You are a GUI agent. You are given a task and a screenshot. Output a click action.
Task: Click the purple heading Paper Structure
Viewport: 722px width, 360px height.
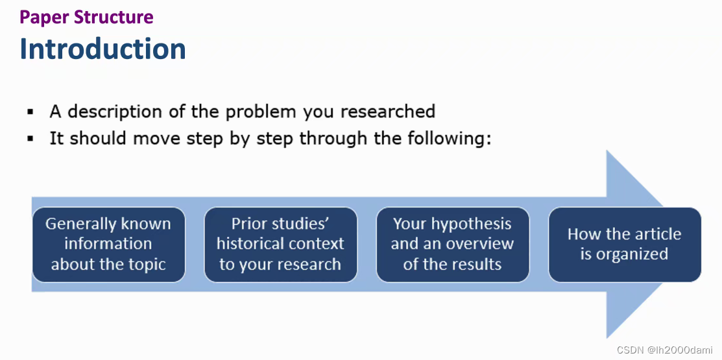click(x=86, y=17)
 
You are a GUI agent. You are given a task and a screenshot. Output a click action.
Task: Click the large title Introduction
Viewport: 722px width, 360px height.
click(x=102, y=49)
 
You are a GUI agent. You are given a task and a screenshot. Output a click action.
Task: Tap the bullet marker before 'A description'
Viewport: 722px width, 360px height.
click(x=31, y=112)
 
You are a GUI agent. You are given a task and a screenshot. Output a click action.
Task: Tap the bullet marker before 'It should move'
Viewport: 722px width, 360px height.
click(x=31, y=139)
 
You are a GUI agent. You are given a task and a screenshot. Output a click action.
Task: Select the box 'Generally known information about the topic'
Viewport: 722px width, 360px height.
click(x=109, y=245)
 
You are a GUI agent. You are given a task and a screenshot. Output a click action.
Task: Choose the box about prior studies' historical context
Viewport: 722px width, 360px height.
click(x=280, y=245)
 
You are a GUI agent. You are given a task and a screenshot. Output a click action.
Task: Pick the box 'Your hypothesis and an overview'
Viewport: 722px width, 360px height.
click(x=453, y=245)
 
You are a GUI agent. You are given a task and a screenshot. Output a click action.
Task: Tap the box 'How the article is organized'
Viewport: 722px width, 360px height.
click(x=625, y=245)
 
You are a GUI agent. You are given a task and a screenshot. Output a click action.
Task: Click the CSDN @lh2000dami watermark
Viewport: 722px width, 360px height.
click(x=664, y=350)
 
